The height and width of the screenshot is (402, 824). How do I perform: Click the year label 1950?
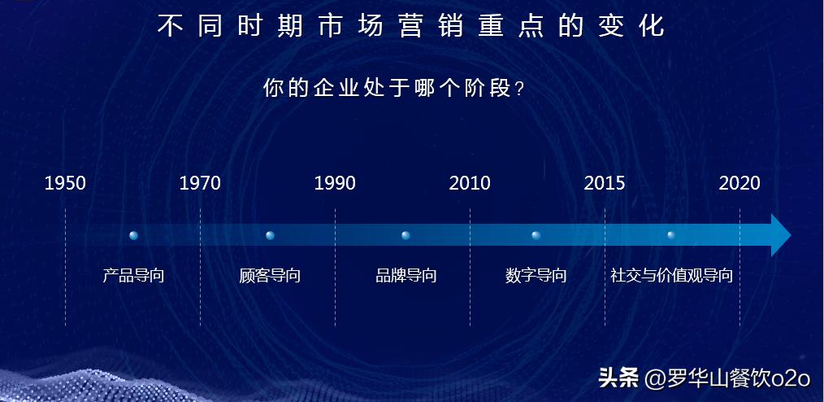tap(65, 183)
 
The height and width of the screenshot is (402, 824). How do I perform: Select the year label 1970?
tap(200, 183)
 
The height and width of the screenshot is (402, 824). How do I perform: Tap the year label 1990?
tap(335, 183)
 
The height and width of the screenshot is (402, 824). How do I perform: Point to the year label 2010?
tap(470, 183)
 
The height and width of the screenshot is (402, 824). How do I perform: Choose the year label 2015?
tap(605, 183)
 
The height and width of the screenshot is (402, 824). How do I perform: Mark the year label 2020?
tap(739, 183)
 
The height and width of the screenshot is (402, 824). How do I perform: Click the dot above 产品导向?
tap(134, 235)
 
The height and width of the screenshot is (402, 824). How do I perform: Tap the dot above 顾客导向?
tap(270, 235)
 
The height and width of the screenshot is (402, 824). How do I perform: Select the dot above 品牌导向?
tap(405, 235)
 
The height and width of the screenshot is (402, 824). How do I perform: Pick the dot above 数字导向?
tap(536, 235)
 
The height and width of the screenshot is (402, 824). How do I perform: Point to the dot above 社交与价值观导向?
tap(671, 235)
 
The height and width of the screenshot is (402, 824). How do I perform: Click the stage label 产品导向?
tap(134, 275)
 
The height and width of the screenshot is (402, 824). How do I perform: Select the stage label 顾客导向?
tap(270, 275)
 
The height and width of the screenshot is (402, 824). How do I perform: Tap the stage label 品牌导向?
tap(405, 275)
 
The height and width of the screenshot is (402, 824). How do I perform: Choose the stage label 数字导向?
tap(536, 275)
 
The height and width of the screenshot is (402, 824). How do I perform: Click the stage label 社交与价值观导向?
tap(672, 275)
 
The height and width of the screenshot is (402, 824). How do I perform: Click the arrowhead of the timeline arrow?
tap(780, 236)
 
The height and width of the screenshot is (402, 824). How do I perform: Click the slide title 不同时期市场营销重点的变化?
tap(410, 26)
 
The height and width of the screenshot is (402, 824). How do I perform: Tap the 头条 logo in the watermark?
tap(618, 378)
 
